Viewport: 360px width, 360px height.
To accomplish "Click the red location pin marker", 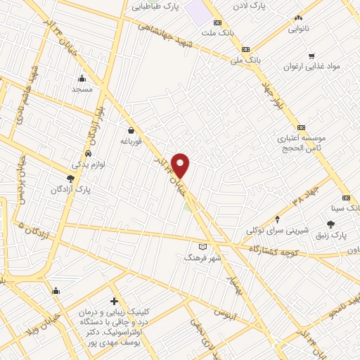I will pos(181,165).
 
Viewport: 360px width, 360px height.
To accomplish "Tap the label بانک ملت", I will pos(217,33).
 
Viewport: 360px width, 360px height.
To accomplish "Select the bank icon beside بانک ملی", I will pos(245,49).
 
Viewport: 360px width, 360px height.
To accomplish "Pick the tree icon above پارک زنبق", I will pos(330,224).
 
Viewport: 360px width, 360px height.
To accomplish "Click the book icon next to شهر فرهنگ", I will pos(203,247).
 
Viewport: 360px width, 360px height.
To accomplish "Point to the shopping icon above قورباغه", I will pos(131,130).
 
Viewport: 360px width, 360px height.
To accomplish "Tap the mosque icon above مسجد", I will pos(82,79).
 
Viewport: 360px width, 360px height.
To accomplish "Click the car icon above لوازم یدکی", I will pos(88,153).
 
